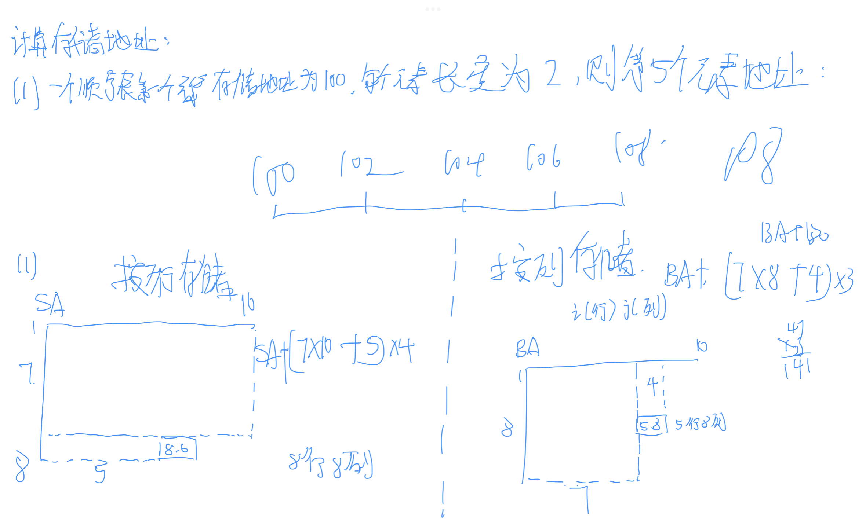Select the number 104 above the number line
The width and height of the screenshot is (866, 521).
click(464, 163)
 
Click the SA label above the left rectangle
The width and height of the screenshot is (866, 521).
click(50, 304)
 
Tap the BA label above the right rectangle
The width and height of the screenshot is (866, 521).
click(528, 348)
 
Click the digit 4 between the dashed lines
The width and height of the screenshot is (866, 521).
click(652, 386)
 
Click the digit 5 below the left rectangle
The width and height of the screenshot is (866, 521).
click(100, 473)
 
